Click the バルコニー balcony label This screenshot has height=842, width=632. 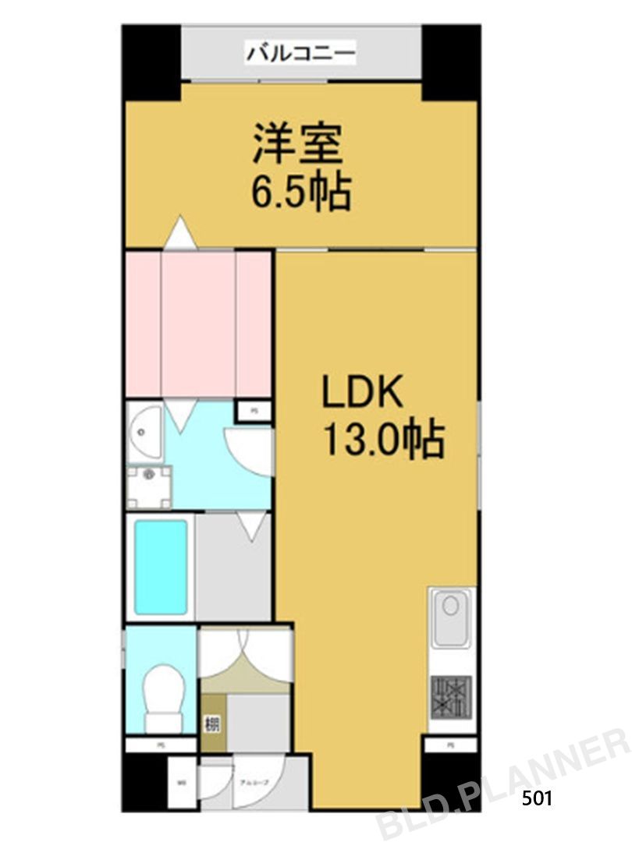click(301, 54)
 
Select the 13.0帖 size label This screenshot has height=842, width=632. click(383, 440)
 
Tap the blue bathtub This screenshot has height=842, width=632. click(161, 567)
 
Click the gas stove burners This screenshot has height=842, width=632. click(451, 693)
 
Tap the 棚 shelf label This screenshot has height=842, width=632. click(211, 724)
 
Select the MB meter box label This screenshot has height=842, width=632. click(182, 782)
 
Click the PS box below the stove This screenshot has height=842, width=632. click(450, 745)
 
